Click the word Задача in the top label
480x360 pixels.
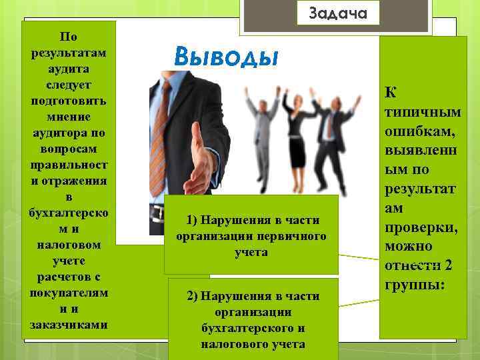[338, 13]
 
